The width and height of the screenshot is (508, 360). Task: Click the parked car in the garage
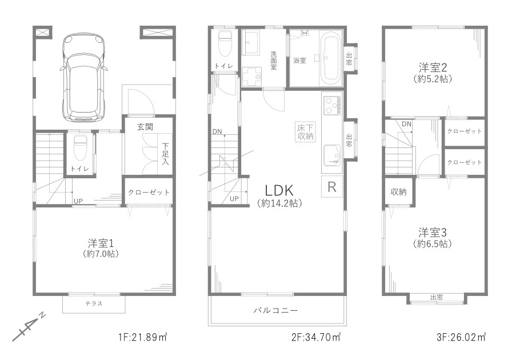[x=83, y=78]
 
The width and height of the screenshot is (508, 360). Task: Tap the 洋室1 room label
[x=101, y=243]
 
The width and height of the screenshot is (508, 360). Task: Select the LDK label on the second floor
[x=279, y=190]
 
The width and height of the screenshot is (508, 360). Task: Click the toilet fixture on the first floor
[x=79, y=147]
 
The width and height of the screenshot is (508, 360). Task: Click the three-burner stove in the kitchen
[x=332, y=105]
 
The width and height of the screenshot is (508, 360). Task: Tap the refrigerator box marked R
[x=332, y=187]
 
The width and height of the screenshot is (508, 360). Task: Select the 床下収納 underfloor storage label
[x=305, y=131]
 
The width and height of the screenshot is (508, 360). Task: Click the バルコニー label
[x=275, y=310]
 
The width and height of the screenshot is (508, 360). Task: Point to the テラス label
[x=94, y=303]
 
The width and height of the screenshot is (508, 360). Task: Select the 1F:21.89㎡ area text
[x=142, y=337]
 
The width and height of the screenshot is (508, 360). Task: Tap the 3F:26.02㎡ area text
[x=461, y=337]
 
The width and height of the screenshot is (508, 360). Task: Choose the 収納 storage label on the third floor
[x=398, y=192]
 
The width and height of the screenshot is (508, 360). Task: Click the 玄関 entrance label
[x=145, y=127]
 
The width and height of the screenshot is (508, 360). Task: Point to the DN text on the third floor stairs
[x=407, y=124]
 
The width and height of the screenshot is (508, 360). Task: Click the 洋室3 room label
[x=433, y=233]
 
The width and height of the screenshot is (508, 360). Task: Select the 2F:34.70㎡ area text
[x=316, y=337]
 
